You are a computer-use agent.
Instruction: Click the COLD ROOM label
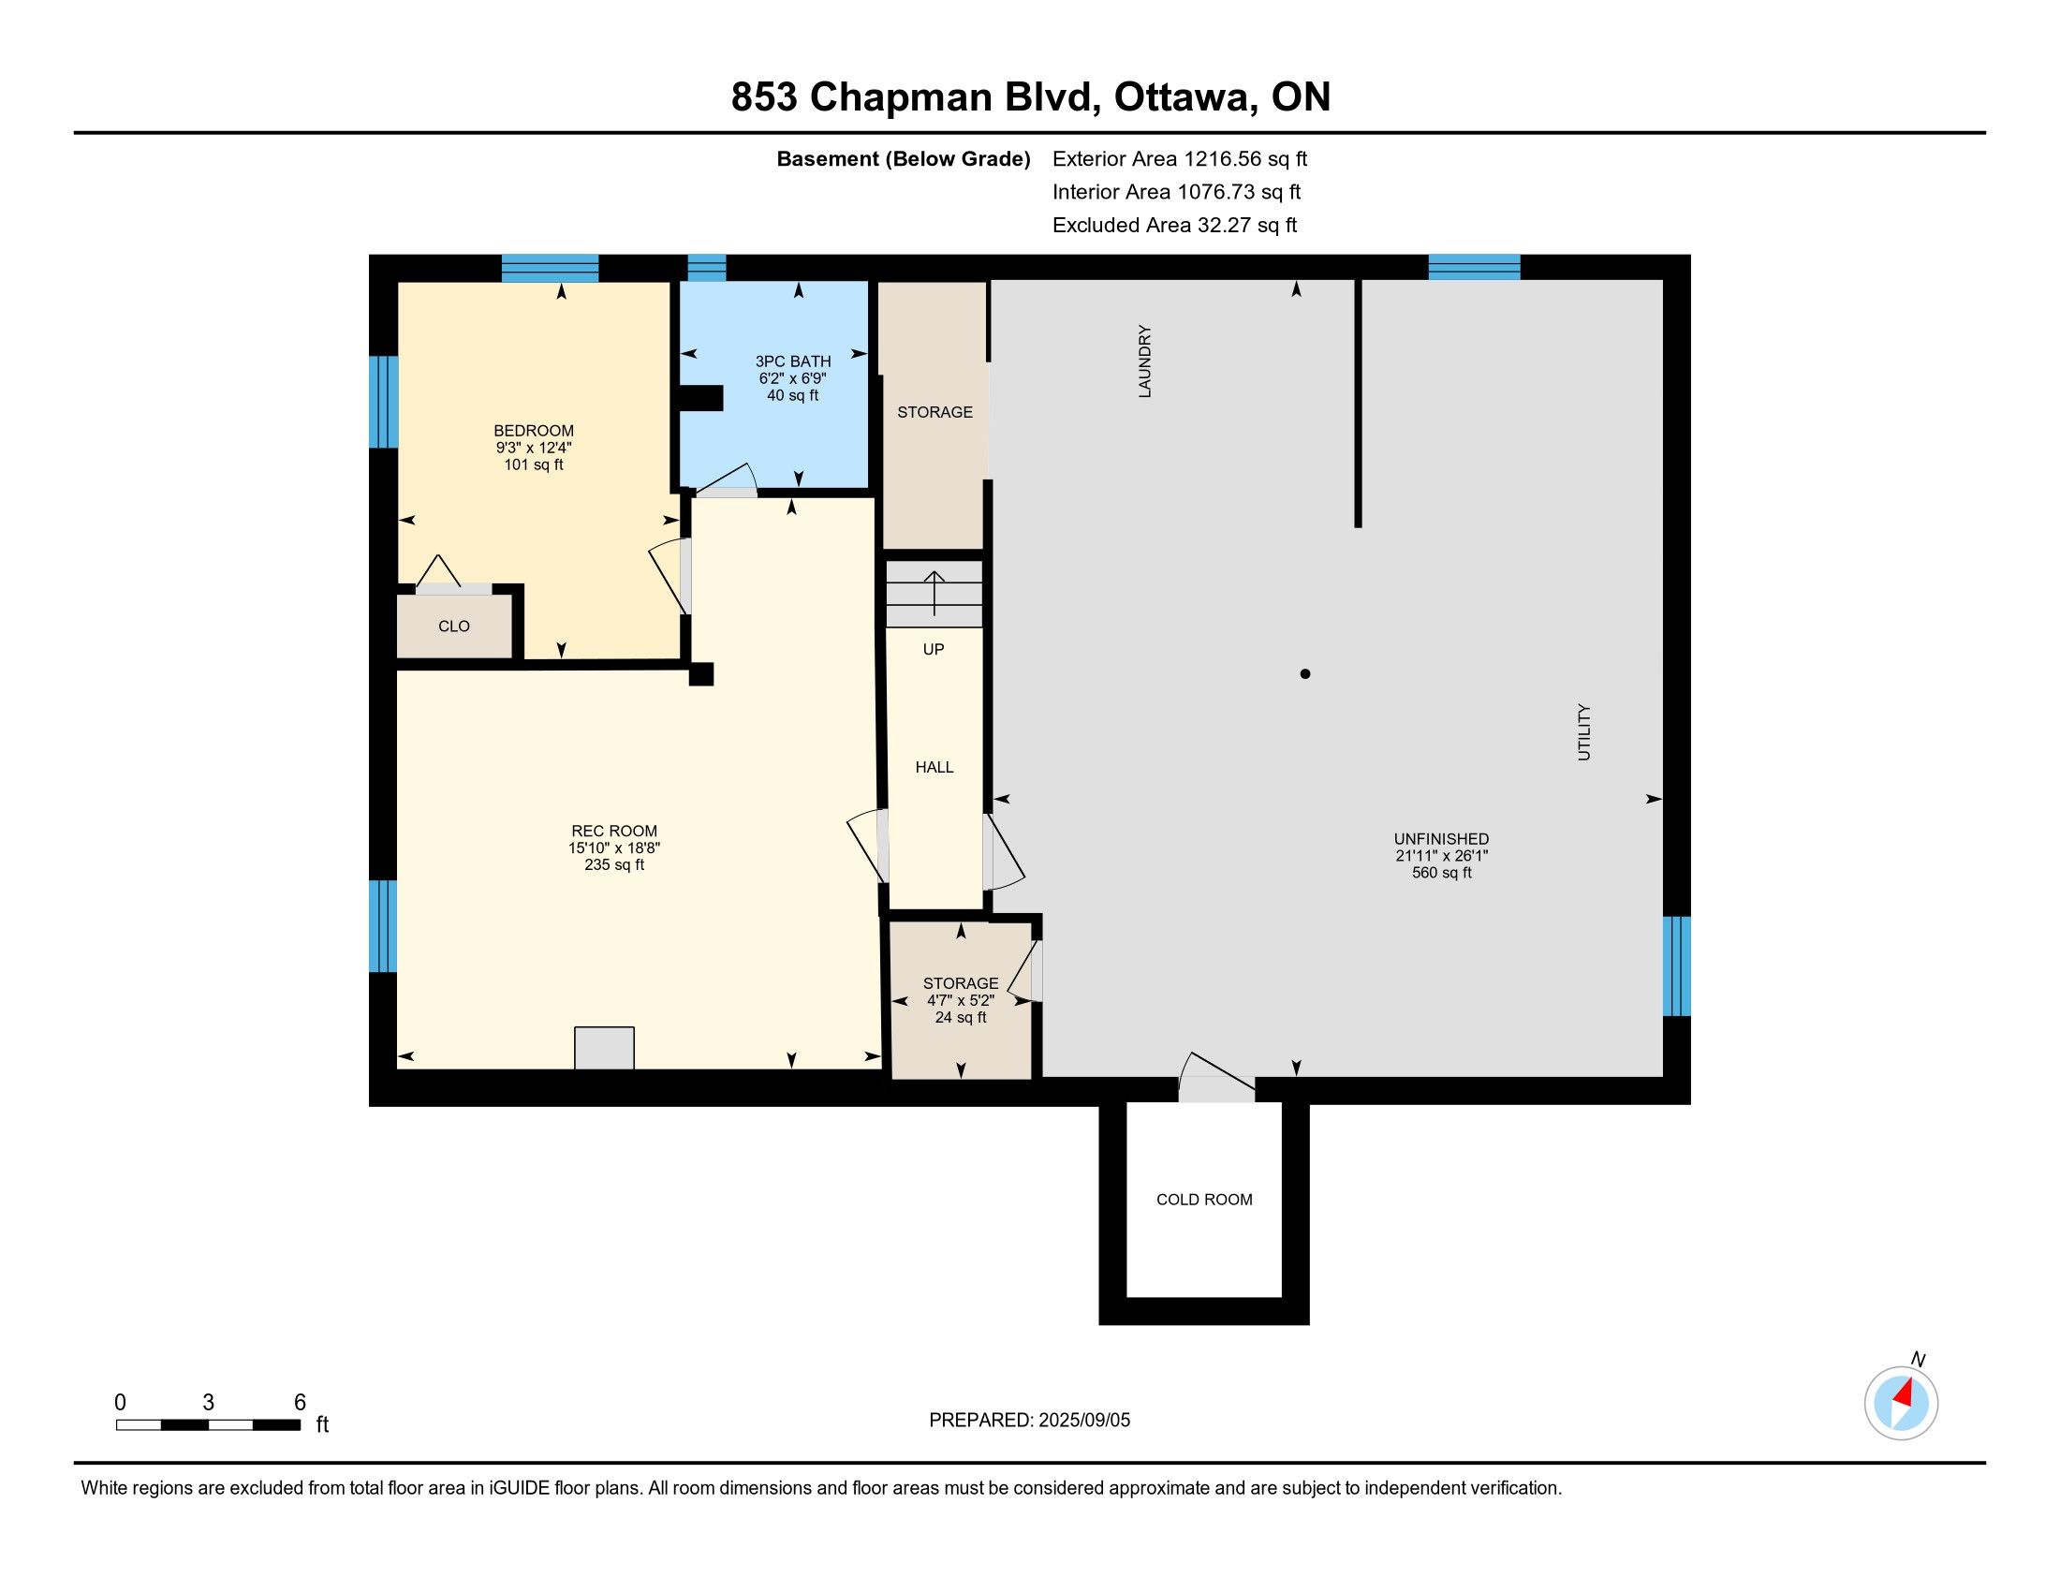click(x=1204, y=1200)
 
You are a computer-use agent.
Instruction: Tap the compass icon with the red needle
click(x=1902, y=1403)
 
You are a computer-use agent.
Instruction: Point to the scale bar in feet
click(x=209, y=1425)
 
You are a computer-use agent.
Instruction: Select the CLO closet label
click(x=454, y=626)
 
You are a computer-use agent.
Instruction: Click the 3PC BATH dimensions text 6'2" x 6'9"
click(x=793, y=378)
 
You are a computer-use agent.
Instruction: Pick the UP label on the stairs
click(x=934, y=649)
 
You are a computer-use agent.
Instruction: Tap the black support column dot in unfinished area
click(x=1305, y=673)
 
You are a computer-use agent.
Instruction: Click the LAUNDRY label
click(x=1145, y=361)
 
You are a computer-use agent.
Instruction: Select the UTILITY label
click(x=1583, y=732)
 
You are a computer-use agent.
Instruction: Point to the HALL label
click(x=934, y=768)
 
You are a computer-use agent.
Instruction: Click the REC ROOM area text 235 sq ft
click(x=614, y=865)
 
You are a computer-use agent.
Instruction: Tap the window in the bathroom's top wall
click(x=706, y=268)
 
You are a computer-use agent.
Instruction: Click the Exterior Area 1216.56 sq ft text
click(x=1180, y=158)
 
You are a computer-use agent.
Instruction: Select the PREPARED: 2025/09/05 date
click(x=1029, y=1421)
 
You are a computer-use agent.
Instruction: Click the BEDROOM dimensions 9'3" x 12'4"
click(x=534, y=448)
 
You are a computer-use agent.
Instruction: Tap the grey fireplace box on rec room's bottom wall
click(x=605, y=1048)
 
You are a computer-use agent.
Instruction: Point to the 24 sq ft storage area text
click(x=961, y=1018)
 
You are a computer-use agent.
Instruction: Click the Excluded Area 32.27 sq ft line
click(x=1174, y=226)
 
